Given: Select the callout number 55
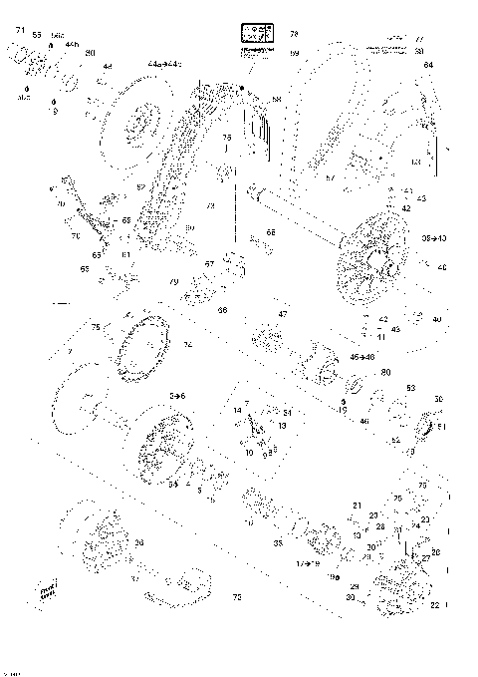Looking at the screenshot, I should click(37, 35).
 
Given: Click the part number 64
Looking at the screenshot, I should click(428, 66).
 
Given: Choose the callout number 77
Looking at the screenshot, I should click(419, 40).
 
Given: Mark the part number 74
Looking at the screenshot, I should click(186, 345).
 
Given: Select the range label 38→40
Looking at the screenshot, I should click(435, 239).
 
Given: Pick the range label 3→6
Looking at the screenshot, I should click(176, 396).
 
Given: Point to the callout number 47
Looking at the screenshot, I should click(283, 314).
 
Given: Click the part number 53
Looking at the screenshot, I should click(410, 388).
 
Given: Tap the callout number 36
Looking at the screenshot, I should click(138, 542).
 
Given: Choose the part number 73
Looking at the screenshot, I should click(236, 597).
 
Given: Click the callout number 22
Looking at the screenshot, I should click(435, 605).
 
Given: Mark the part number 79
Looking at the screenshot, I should click(174, 282).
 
